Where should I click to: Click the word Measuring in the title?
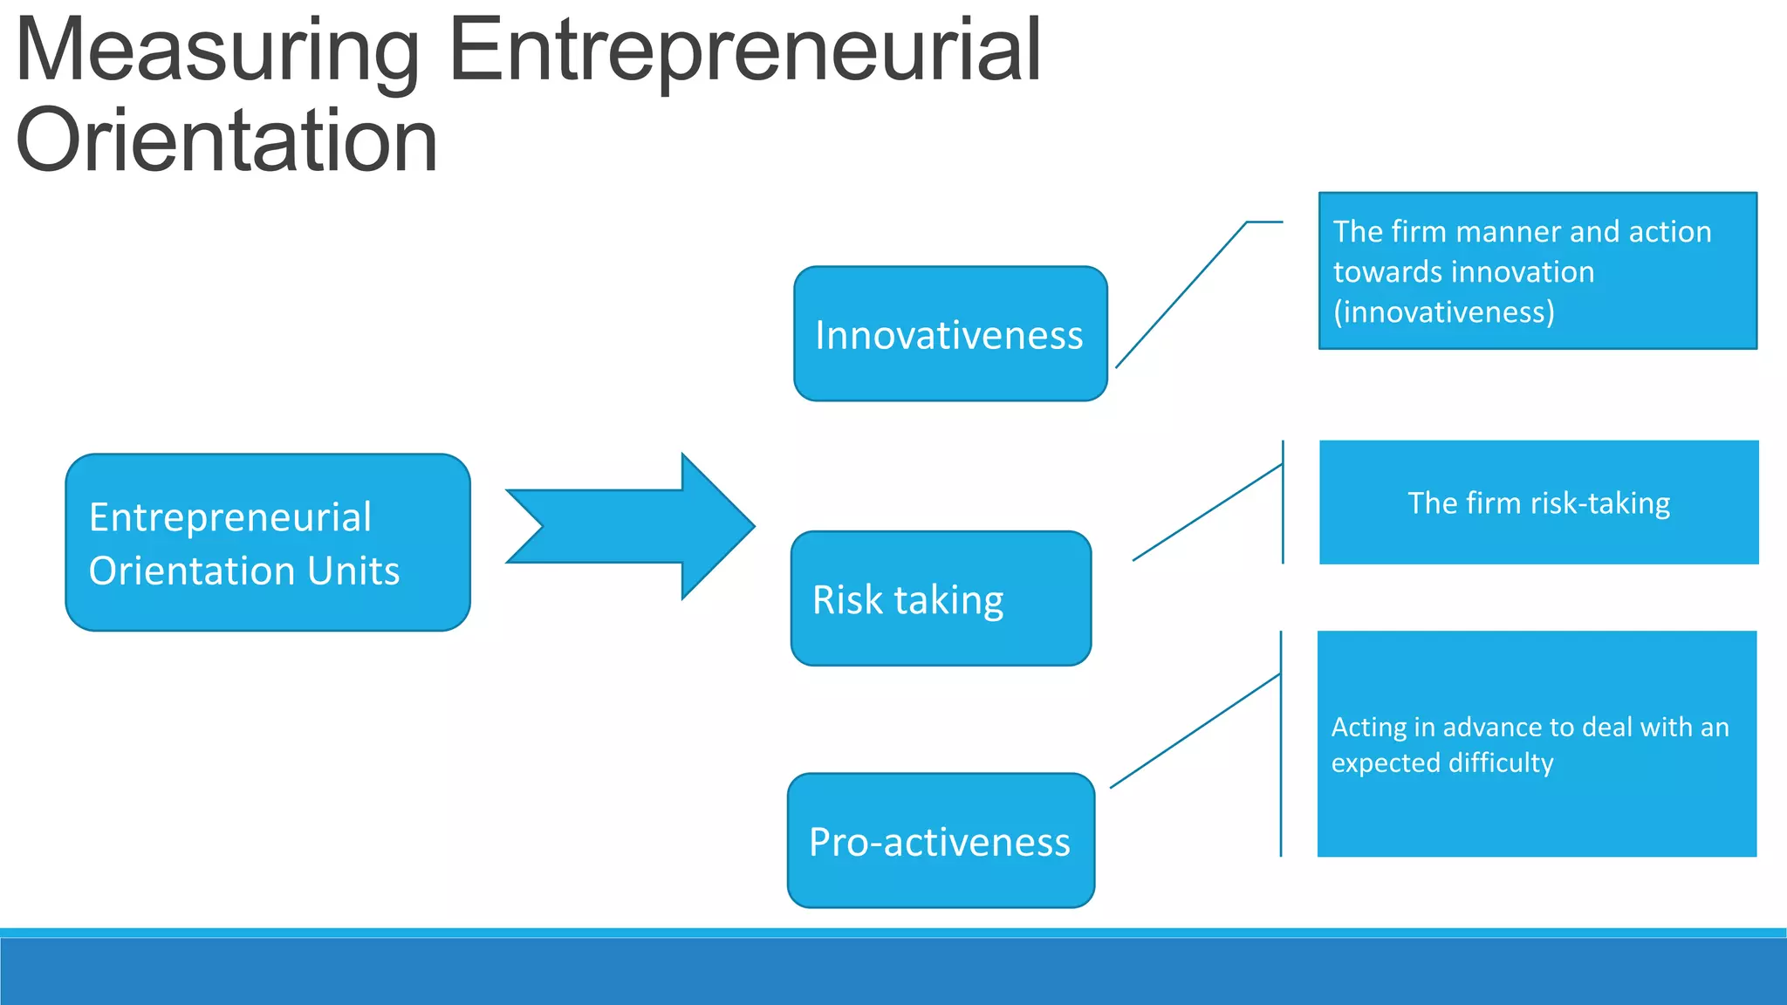click(x=218, y=52)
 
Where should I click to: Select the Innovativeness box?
click(x=949, y=335)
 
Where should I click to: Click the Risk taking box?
click(x=941, y=599)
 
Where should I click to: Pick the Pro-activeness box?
click(x=941, y=841)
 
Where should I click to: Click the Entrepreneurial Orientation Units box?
click(x=267, y=543)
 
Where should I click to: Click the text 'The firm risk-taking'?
click(x=1538, y=503)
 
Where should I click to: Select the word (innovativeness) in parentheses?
click(x=1444, y=312)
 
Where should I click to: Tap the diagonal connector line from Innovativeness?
click(x=1181, y=295)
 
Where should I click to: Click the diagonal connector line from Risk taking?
click(x=1207, y=513)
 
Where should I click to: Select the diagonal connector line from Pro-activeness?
click(x=1195, y=731)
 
